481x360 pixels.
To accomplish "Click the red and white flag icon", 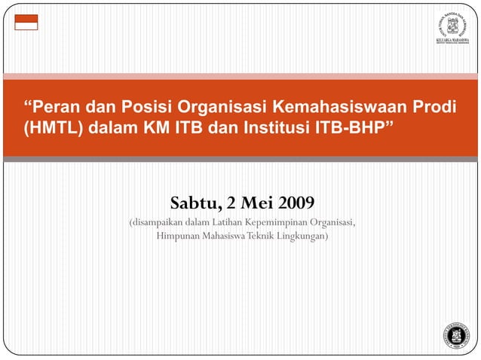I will coord(26,22).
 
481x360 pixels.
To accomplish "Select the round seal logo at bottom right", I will coord(456,334).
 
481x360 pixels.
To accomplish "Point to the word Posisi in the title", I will coord(146,105).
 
